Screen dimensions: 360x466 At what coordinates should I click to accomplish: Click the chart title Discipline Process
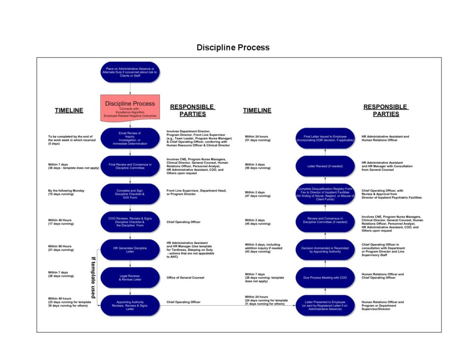(233, 47)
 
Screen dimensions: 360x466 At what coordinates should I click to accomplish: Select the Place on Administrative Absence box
(130, 72)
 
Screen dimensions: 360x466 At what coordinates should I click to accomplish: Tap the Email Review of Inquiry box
(130, 138)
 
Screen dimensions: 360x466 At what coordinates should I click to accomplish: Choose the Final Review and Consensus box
(130, 166)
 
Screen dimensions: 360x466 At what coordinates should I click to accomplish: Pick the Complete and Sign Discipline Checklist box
(130, 194)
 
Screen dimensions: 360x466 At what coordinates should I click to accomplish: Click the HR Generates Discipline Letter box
(130, 249)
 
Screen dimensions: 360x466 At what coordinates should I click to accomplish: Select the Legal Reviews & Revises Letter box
(130, 277)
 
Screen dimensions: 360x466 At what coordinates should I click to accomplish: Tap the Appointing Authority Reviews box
(130, 305)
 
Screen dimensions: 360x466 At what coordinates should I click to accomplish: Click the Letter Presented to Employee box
(325, 305)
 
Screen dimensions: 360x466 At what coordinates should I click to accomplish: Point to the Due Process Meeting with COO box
(325, 277)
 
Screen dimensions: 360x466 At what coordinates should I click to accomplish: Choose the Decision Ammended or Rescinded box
(325, 249)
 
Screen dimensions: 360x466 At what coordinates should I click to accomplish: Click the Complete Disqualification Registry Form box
(325, 194)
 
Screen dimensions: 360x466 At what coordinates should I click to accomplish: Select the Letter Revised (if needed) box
(325, 166)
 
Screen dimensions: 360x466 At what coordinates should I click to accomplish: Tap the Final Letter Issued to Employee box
(325, 138)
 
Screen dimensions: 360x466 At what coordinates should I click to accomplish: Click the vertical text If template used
(93, 277)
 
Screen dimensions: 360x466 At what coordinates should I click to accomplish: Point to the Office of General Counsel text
(185, 277)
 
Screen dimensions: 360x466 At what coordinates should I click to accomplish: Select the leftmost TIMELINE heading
(69, 110)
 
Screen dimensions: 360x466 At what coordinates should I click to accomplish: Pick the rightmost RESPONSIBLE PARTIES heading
(385, 110)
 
